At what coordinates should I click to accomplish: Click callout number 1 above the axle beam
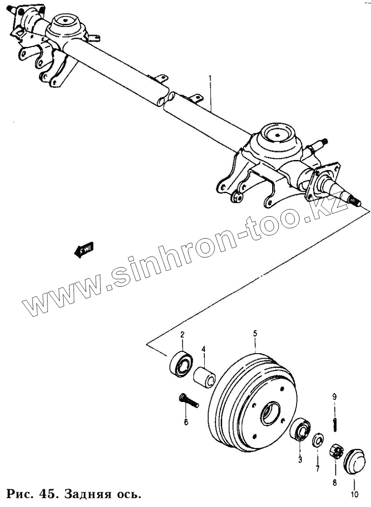[x=210, y=79]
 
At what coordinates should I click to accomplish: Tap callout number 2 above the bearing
[x=182, y=335]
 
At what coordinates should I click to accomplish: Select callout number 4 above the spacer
[x=203, y=349]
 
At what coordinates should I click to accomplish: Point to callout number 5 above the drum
[x=255, y=333]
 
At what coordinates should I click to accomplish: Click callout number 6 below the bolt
[x=186, y=421]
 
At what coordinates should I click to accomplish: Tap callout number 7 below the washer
[x=318, y=468]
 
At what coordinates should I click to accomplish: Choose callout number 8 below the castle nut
[x=335, y=482]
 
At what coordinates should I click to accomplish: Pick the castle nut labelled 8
[x=336, y=453]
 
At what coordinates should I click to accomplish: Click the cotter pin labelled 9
[x=335, y=424]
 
